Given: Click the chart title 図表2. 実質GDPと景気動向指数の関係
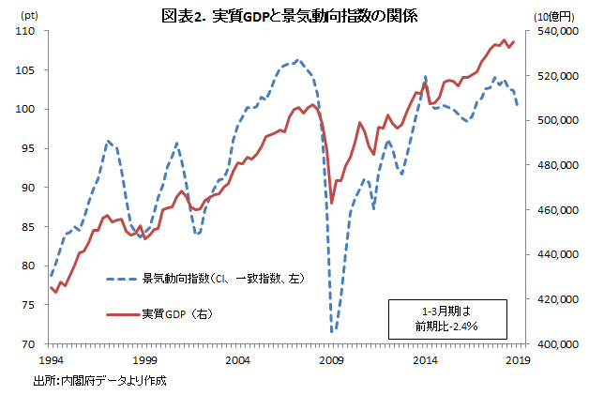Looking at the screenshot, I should pos(301,17).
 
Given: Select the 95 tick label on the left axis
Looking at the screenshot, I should pos(28,148).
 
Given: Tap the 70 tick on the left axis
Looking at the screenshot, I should pos(28,344).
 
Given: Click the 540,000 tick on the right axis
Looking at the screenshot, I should pos(553,31).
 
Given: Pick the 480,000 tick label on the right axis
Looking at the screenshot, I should pos(553,165).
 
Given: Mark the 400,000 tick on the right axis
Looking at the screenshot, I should pos(553,344).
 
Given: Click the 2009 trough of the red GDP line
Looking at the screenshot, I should pos(332,203).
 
